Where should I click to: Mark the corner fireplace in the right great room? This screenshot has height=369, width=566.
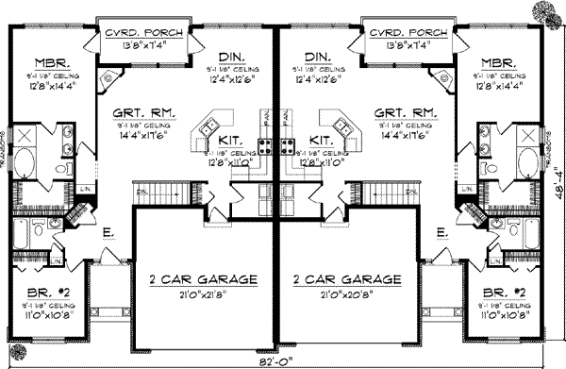coord(441,76)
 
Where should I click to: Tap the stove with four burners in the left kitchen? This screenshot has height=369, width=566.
coord(266,146)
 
